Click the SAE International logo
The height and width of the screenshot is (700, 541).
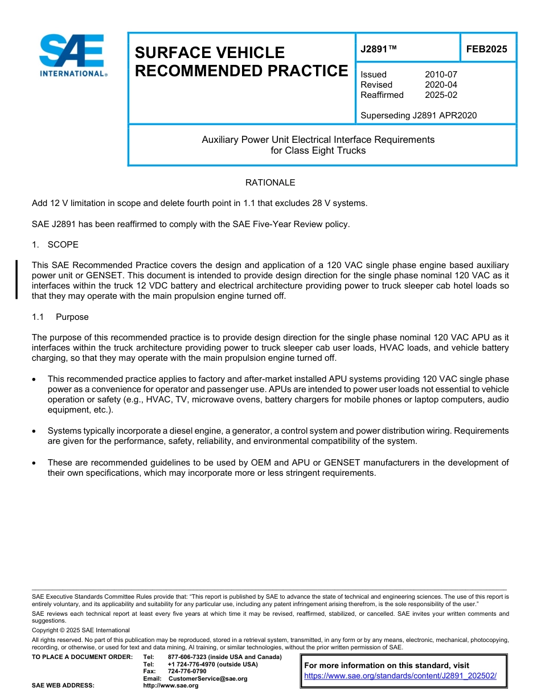pos(73,55)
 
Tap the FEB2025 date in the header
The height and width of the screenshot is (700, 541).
pos(486,49)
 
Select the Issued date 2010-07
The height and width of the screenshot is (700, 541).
pos(441,75)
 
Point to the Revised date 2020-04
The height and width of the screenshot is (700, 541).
pos(441,85)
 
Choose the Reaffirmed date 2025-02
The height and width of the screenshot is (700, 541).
pos(441,95)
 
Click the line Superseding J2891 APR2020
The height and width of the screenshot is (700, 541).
pos(419,116)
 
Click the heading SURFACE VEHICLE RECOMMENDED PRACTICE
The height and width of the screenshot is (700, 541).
pos(241,61)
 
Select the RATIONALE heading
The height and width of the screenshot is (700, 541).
pos(270,183)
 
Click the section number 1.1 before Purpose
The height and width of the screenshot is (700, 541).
pos(38,317)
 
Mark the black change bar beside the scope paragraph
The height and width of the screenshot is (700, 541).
pos(17,279)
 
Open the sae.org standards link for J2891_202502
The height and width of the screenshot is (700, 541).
pos(400,676)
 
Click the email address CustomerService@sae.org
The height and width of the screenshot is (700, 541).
pos(208,678)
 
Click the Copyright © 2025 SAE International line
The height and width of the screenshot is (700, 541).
pos(81,630)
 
